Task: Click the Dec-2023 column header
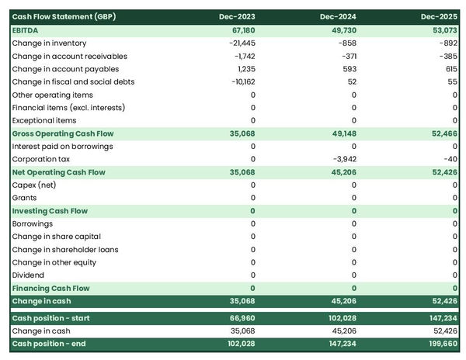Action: click(x=238, y=16)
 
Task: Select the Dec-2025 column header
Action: click(x=440, y=16)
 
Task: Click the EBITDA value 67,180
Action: click(x=240, y=29)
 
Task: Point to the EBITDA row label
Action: click(x=26, y=29)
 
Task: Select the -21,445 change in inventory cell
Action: click(x=238, y=43)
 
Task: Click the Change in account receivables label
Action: click(x=69, y=56)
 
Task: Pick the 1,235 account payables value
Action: click(x=244, y=69)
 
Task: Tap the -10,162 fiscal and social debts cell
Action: click(x=239, y=81)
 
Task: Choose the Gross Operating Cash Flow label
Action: click(x=64, y=133)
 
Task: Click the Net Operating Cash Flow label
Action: click(x=58, y=172)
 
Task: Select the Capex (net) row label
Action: click(x=36, y=185)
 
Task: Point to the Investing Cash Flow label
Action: click(x=50, y=211)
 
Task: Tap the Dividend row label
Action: click(x=29, y=275)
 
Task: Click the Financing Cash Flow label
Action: click(x=50, y=289)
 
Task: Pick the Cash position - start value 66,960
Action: click(x=240, y=318)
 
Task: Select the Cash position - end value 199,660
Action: click(x=440, y=344)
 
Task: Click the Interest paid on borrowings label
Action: click(x=62, y=146)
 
